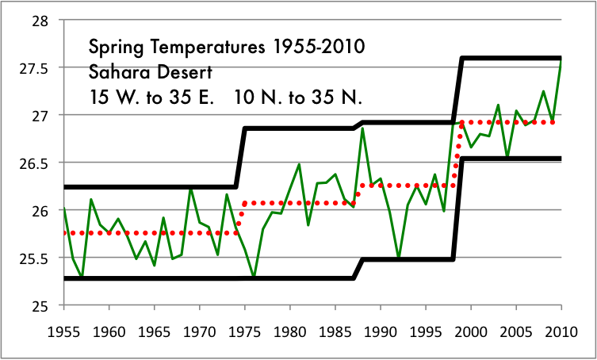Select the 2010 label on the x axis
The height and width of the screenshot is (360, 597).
(561, 329)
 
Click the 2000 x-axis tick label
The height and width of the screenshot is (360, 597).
(471, 329)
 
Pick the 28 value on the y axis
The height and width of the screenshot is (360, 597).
(36, 21)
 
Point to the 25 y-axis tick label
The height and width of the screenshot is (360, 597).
(36, 306)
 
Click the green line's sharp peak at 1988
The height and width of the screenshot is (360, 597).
(362, 128)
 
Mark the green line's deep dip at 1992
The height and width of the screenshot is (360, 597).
(398, 258)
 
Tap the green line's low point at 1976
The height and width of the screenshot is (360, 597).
(254, 278)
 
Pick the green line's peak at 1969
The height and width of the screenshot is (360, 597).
(190, 187)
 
